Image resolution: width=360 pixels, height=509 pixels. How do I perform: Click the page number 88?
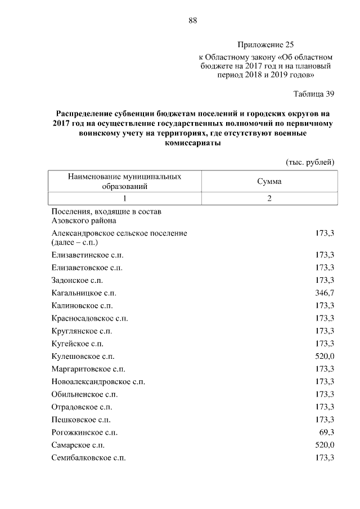[192, 21]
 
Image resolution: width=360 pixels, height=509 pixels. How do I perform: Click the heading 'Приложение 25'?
[265, 44]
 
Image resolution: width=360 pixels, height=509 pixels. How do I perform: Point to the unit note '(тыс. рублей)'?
[310, 162]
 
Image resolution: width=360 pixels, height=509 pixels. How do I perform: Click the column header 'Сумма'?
[269, 182]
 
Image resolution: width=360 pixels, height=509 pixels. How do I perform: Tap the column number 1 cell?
[124, 198]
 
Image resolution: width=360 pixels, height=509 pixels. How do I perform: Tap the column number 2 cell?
[269, 198]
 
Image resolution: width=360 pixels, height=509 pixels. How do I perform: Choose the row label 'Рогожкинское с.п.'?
[84, 433]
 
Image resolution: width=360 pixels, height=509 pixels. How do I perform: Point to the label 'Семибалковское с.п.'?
[88, 458]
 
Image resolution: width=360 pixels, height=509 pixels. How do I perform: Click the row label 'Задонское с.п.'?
[77, 280]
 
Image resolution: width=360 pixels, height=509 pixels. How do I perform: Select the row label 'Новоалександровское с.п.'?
[98, 381]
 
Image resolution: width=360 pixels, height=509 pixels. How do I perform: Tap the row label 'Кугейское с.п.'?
[78, 343]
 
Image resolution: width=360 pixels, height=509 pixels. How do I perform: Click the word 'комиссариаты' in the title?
[192, 143]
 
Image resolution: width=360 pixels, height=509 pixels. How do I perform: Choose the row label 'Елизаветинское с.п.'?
[87, 254]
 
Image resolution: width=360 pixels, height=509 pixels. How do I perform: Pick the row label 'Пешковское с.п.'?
[80, 420]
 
